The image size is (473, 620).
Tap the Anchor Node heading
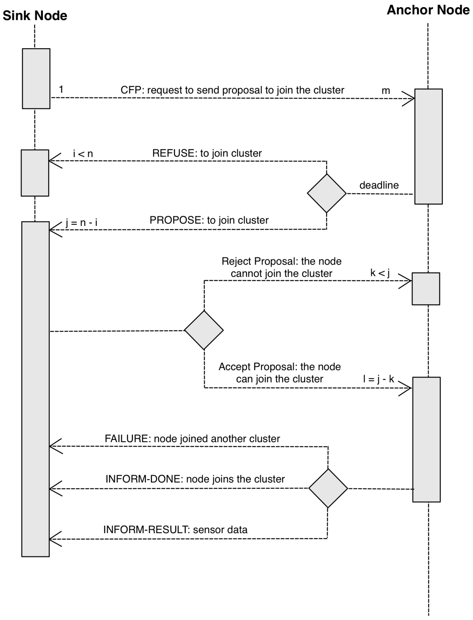[x=428, y=10]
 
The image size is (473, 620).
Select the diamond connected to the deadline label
[x=327, y=193]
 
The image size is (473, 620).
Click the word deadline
[x=379, y=185]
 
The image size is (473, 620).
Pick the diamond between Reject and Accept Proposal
[x=204, y=330]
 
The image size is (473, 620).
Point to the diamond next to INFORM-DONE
[x=328, y=488]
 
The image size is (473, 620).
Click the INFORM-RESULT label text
[x=175, y=530]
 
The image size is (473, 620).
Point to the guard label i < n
[x=83, y=154]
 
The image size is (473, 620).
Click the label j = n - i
[x=82, y=222]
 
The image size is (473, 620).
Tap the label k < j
[x=380, y=273]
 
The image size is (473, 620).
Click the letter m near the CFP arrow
[x=386, y=91]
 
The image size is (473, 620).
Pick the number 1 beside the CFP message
[x=61, y=90]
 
